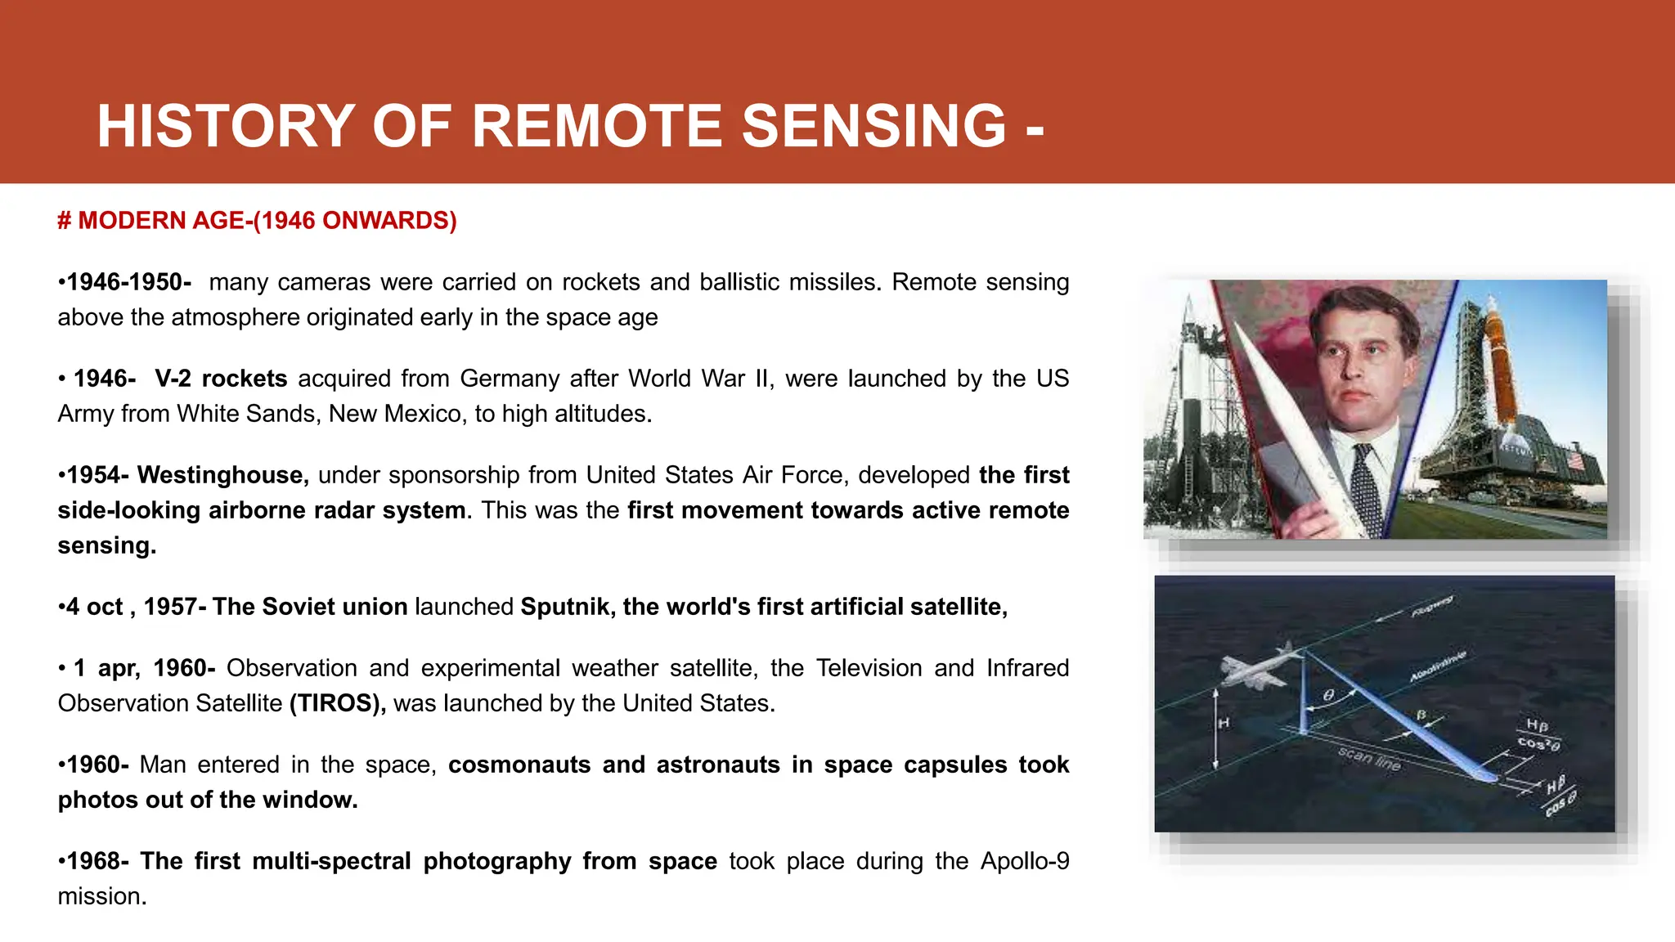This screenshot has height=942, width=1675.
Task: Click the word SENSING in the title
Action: (873, 127)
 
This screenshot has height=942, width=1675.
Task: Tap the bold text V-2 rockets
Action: (221, 379)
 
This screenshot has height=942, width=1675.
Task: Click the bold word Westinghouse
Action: (222, 475)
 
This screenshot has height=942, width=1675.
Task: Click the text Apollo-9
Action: (1024, 861)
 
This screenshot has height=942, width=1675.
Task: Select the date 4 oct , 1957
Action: (131, 607)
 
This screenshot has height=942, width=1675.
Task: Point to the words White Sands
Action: (245, 414)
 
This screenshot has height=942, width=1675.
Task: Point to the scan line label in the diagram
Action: (1369, 759)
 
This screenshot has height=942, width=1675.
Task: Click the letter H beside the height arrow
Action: (1224, 723)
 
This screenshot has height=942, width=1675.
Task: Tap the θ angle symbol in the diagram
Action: (1329, 695)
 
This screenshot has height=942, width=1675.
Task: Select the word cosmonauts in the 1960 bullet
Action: (519, 765)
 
